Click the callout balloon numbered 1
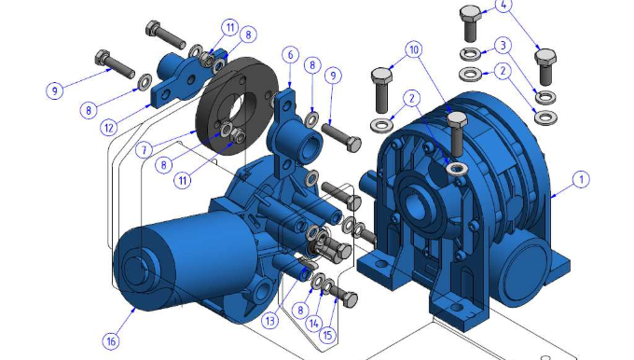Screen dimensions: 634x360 click(582, 179)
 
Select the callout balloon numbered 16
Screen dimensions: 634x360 click(111, 341)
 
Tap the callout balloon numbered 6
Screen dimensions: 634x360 click(290, 55)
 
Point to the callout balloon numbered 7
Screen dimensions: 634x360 click(144, 150)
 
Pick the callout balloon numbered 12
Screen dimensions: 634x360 click(109, 128)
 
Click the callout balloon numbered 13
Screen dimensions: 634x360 click(269, 321)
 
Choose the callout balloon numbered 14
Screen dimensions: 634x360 click(314, 324)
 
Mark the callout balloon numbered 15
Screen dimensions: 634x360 click(328, 335)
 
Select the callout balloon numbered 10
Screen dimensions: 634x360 click(414, 49)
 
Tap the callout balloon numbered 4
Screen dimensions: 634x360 click(503, 5)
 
